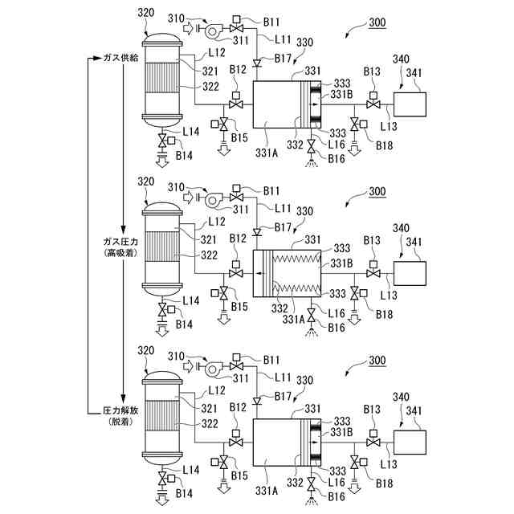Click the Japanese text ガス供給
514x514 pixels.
click(119, 58)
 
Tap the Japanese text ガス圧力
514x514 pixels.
click(121, 241)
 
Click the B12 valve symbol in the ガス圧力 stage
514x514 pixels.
click(235, 274)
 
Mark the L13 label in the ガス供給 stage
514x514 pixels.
click(388, 126)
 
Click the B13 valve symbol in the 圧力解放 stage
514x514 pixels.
click(373, 443)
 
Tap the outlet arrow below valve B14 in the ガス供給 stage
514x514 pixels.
click(163, 159)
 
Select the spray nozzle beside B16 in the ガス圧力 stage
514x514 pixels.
click(310, 329)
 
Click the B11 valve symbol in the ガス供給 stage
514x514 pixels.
click(236, 30)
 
